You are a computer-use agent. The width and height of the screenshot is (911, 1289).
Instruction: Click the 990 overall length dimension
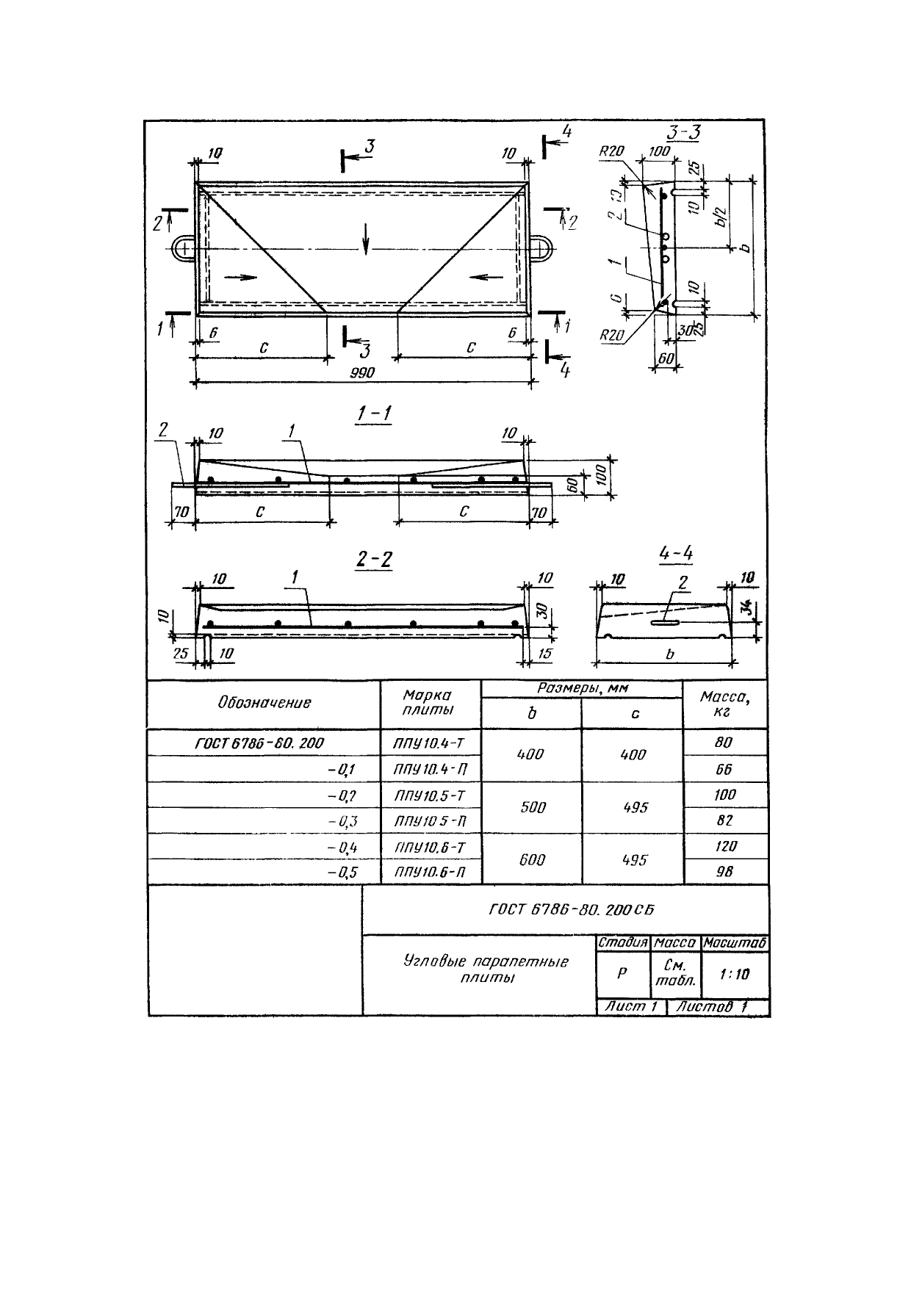point(362,373)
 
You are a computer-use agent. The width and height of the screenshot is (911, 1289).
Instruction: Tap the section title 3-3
point(683,133)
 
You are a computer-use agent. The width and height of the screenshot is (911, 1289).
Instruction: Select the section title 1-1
point(373,414)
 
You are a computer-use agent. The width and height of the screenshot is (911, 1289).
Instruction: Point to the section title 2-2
point(374,560)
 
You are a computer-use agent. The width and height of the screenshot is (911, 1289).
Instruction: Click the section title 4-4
point(677,555)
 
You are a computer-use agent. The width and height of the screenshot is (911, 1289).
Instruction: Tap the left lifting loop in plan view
point(184,248)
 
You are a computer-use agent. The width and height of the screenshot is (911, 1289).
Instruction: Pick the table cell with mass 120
point(725,846)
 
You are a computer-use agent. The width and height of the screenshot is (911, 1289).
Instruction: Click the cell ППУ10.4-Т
point(429,743)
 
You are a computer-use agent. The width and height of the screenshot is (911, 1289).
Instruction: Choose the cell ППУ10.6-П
point(429,872)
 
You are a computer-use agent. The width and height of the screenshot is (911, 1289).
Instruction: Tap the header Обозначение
point(264,703)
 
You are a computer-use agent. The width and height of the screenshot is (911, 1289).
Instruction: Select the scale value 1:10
point(735,974)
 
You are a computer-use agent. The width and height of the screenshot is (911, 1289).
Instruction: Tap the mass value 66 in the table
point(725,769)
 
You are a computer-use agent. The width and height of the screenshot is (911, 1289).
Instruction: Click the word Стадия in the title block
point(622,942)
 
